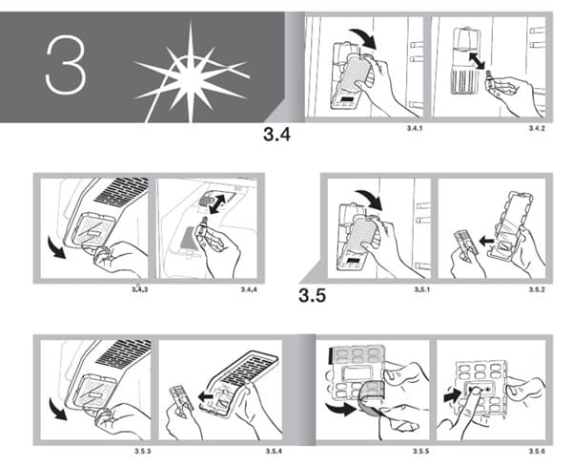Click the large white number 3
click(x=66, y=65)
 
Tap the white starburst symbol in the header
click(x=191, y=73)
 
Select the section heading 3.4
click(x=276, y=135)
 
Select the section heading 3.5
click(x=313, y=295)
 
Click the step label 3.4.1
click(x=415, y=128)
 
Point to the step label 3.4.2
click(x=537, y=128)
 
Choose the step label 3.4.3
click(x=139, y=289)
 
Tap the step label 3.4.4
click(x=249, y=289)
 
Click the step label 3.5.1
click(x=421, y=289)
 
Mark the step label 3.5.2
click(x=537, y=289)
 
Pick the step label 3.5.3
click(x=143, y=452)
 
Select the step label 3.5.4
click(x=274, y=452)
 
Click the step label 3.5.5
click(x=421, y=452)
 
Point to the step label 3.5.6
click(x=537, y=452)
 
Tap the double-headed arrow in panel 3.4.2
click(x=477, y=60)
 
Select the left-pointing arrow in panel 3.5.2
click(x=486, y=242)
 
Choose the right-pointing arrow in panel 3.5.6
click(x=452, y=396)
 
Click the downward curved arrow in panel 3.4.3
click(x=57, y=247)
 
